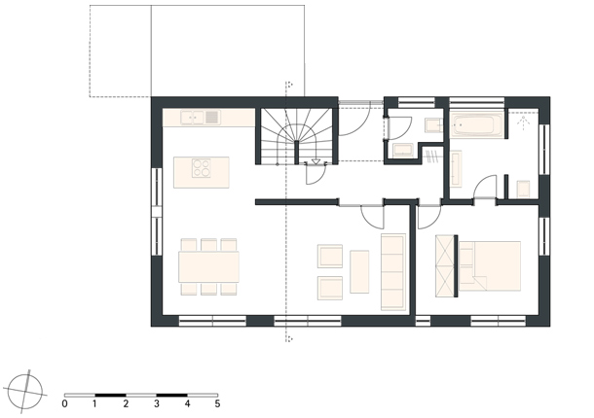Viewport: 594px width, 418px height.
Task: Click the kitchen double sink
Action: click(201, 118)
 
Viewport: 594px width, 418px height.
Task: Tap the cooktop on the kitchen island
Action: click(202, 168)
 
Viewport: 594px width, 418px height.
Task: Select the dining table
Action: click(208, 266)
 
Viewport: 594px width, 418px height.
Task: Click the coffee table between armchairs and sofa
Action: click(359, 271)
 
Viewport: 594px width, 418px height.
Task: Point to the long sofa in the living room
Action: click(393, 272)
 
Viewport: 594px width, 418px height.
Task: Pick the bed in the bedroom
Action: click(490, 266)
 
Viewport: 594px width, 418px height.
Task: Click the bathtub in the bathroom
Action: click(476, 125)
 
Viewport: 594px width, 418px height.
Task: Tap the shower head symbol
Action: click(524, 122)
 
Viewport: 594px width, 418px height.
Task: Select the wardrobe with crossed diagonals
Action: click(444, 266)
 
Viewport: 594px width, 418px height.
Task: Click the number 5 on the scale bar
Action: click(217, 404)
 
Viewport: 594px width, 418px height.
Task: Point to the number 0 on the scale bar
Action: click(65, 404)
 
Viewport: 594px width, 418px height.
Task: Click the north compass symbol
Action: click(25, 391)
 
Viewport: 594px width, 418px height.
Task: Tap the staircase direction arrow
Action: click(316, 162)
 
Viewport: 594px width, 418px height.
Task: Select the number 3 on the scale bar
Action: click(157, 404)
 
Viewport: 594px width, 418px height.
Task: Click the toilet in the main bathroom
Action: click(524, 189)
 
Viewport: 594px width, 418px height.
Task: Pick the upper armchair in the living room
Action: click(330, 257)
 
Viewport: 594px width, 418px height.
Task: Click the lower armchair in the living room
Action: click(330, 289)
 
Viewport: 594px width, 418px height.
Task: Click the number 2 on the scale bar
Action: click(126, 404)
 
